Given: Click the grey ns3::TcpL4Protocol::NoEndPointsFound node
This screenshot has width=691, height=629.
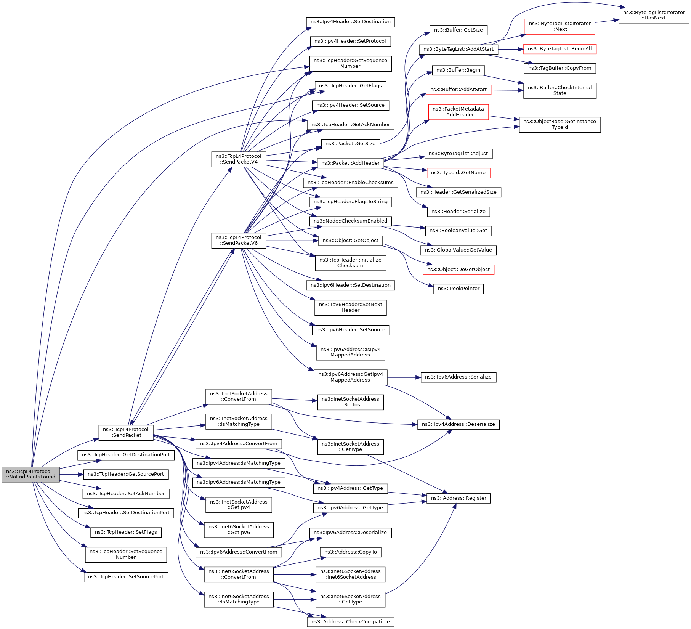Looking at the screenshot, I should point(30,474).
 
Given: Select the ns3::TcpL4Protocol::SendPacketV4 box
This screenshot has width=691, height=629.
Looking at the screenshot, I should point(239,159).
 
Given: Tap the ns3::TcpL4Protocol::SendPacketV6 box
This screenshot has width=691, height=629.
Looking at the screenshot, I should point(239,240).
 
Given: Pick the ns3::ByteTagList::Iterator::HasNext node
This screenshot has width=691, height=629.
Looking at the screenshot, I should point(654,15).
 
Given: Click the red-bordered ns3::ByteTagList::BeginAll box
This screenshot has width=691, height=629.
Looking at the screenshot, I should point(560,49).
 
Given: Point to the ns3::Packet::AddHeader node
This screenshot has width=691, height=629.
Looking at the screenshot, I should point(350,163).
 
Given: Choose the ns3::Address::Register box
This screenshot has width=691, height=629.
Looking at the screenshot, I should point(459,498).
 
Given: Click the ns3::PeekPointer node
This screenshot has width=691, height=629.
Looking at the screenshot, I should point(459,289).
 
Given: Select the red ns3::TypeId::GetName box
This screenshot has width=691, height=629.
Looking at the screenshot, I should point(458,173).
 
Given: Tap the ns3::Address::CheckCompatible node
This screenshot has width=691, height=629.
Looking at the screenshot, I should point(350,622).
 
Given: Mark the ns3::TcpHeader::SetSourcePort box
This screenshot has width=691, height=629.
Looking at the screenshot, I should point(126,577).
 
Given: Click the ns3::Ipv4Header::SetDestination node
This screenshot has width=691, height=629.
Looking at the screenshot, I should point(350,22).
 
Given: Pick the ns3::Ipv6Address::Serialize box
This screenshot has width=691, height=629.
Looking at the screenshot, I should point(458,377).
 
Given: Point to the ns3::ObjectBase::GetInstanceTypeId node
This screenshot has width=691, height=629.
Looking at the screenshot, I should point(560,125).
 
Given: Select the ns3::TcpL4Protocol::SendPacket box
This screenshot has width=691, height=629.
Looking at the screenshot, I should point(126,432).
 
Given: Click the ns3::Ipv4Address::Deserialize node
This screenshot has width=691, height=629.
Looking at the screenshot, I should point(458,424).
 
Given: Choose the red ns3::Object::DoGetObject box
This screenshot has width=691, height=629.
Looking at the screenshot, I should point(458,270).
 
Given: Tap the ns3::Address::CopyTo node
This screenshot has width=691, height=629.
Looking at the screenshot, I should point(350,552).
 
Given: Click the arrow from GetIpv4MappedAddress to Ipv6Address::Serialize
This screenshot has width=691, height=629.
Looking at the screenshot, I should point(404,377).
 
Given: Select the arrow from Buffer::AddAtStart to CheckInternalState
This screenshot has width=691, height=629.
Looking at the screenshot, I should point(507,90).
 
